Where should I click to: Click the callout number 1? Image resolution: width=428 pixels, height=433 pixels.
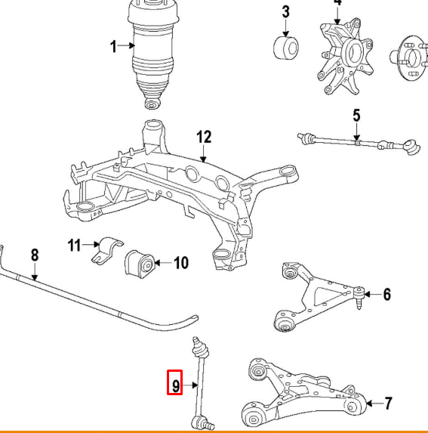click(x=114, y=47)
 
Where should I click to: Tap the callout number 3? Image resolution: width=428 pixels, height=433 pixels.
click(x=286, y=13)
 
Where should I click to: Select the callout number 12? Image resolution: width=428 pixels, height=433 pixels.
click(x=204, y=137)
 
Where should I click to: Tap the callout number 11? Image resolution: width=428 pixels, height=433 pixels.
click(x=74, y=244)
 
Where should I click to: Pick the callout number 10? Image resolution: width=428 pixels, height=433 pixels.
click(x=181, y=263)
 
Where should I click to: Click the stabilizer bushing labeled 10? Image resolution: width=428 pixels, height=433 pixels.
click(x=141, y=263)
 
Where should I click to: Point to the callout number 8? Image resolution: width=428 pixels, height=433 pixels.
click(x=34, y=255)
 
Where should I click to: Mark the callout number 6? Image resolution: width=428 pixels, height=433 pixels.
click(x=386, y=294)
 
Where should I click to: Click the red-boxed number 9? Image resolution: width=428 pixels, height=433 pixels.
click(x=174, y=385)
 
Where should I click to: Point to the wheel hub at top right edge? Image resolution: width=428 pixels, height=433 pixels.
click(x=409, y=57)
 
